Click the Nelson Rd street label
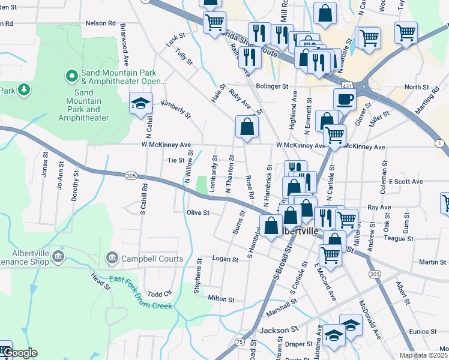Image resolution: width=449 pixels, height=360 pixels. (100, 23)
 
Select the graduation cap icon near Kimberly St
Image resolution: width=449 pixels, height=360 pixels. (140, 103)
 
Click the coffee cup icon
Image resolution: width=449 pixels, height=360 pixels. (345, 98)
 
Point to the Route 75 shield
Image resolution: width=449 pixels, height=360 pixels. (239, 341)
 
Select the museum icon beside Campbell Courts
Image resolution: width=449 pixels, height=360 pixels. (112, 259)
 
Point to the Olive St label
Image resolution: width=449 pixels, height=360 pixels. (197, 212)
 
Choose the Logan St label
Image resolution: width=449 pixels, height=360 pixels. (226, 259)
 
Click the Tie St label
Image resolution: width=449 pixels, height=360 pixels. (175, 160)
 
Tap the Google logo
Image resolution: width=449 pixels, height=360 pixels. (20, 353)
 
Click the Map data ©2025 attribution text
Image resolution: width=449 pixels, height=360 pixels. (424, 355)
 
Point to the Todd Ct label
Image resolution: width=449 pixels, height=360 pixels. (159, 294)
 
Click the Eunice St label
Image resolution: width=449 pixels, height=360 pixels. (423, 331)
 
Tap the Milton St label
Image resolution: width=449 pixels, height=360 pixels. (220, 298)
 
